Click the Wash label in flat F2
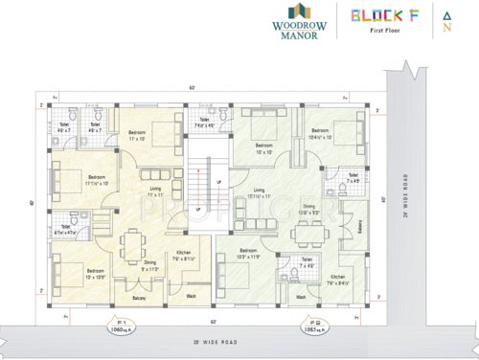click(x=300, y=297)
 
